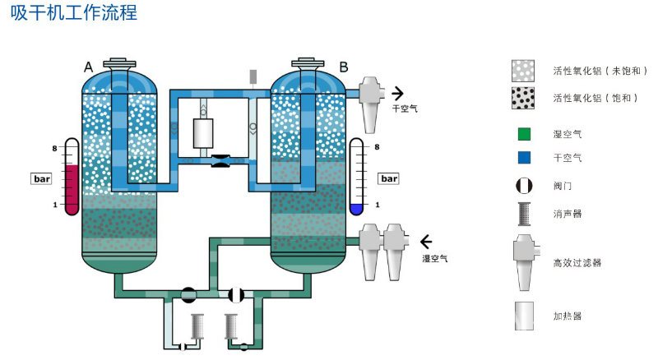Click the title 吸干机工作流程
73,14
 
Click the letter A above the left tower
89,67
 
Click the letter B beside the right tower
344,67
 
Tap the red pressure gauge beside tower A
71,178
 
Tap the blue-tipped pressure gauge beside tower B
356,178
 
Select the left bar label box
41,178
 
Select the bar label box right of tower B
387,178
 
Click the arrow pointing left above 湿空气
427,242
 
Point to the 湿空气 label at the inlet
434,258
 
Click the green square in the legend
524,133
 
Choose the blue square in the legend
524,157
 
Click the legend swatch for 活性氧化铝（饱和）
524,98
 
